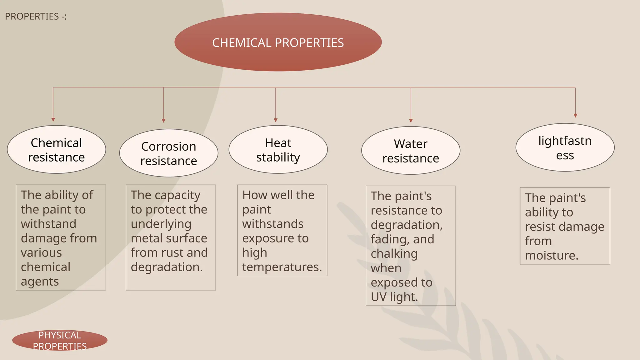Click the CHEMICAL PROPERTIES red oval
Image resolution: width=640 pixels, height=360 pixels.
click(278, 42)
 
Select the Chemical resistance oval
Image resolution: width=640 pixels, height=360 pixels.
click(57, 150)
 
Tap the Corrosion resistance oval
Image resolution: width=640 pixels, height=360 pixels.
click(169, 153)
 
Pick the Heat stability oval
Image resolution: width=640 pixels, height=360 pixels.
click(278, 150)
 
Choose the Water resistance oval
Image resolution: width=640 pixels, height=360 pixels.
click(411, 151)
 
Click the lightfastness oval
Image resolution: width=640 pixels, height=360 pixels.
click(565, 147)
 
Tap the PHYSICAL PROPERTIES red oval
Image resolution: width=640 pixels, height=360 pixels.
click(60, 340)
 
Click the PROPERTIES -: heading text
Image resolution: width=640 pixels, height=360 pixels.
click(36, 16)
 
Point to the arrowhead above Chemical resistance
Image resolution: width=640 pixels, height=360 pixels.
click(53, 120)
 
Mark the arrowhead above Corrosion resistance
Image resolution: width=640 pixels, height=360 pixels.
click(163, 121)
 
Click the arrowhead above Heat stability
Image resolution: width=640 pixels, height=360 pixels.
click(276, 120)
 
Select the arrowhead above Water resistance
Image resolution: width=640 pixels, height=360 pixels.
click(411, 121)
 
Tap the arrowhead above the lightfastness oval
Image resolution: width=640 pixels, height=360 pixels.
click(575, 116)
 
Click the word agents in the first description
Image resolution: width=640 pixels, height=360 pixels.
click(40, 282)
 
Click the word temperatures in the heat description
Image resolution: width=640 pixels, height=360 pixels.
click(282, 267)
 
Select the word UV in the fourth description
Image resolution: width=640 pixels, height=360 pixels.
click(378, 297)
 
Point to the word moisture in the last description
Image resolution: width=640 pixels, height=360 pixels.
click(552, 256)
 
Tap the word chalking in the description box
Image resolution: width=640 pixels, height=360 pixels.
click(394, 254)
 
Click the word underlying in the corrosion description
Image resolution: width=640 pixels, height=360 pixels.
click(161, 224)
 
